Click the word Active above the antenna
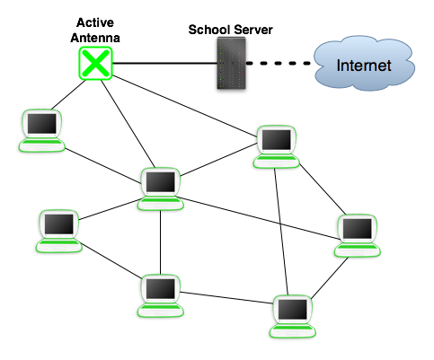(x=95, y=22)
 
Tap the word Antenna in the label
(x=95, y=38)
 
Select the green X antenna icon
(x=95, y=63)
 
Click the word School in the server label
(x=209, y=30)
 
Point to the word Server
(x=253, y=30)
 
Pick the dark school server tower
(x=231, y=63)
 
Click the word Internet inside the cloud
(x=364, y=66)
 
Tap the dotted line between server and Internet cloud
(x=279, y=63)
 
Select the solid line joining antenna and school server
(x=164, y=63)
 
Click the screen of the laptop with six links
(x=160, y=181)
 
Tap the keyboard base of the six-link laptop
(x=160, y=203)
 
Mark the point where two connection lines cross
(x=280, y=224)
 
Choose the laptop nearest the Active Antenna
(x=41, y=131)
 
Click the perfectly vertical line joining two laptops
(x=160, y=242)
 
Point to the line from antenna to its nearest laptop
(x=68, y=94)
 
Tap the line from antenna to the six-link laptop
(x=128, y=124)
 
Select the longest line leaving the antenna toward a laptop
(x=185, y=106)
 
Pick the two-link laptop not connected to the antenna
(x=59, y=231)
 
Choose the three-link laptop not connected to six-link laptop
(x=292, y=317)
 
